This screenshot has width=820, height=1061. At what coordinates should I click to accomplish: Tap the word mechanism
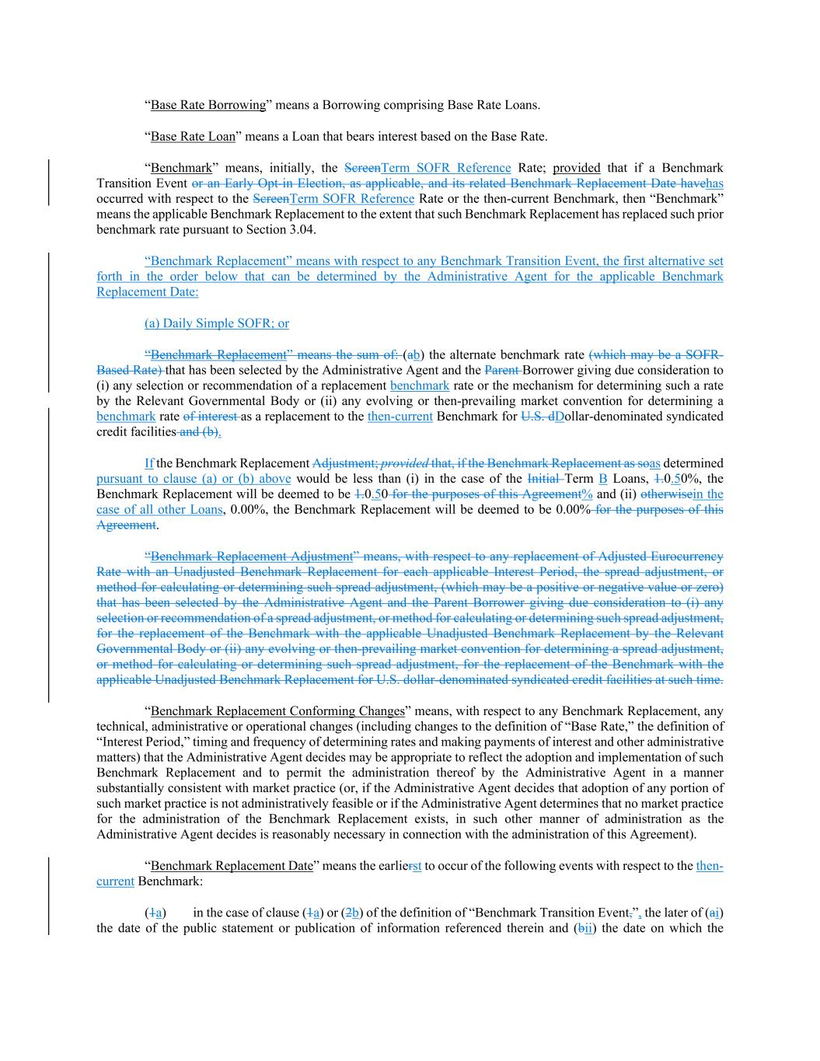click(525, 386)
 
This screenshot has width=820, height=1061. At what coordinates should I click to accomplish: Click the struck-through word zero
click(708, 587)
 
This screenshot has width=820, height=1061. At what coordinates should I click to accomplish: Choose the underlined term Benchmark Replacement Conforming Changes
click(277, 711)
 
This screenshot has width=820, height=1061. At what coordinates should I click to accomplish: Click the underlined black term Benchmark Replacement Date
click(232, 866)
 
